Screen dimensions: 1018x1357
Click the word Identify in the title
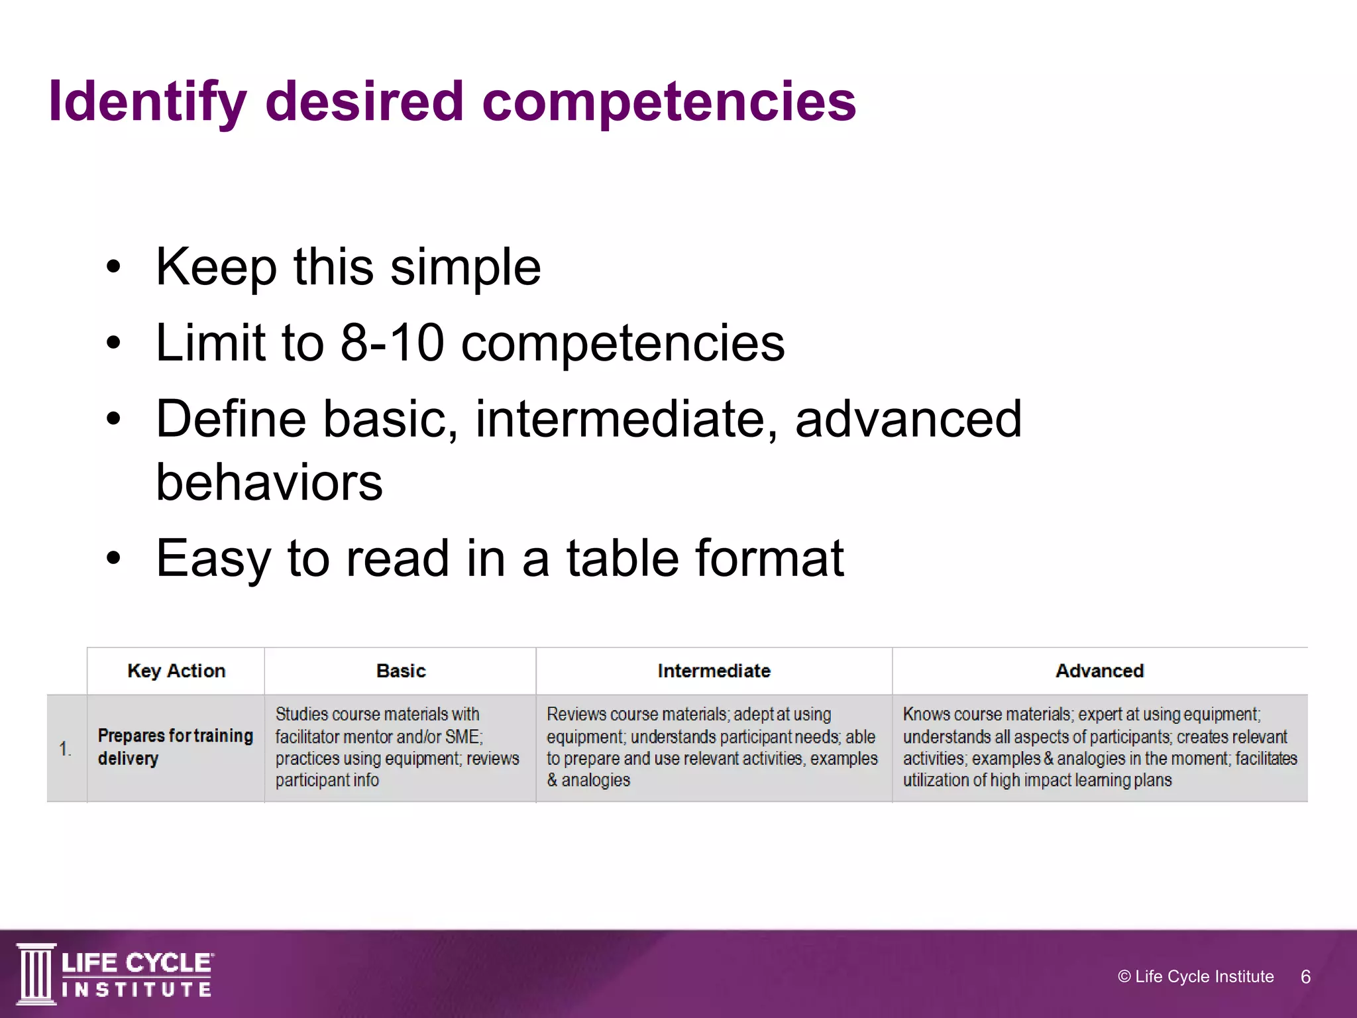pos(147,103)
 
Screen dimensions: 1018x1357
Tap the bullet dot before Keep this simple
pos(114,266)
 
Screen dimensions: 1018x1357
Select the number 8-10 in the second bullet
pos(392,343)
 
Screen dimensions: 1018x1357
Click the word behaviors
pos(269,482)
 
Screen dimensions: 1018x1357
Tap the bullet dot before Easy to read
pos(114,558)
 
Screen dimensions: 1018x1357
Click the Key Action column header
pos(176,671)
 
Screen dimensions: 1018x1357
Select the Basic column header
pos(401,671)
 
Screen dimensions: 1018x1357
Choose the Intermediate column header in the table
pos(714,671)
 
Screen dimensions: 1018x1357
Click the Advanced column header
pos(1099,671)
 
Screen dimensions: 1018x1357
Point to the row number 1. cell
pos(65,749)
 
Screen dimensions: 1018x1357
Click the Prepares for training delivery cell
pos(175,747)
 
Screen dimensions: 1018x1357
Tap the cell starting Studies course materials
pos(398,747)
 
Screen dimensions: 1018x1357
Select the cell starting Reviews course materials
pos(712,747)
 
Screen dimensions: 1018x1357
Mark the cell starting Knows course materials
pos(1099,747)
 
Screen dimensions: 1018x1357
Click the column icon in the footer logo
pos(36,974)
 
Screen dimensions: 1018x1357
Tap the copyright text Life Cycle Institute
pos(1195,976)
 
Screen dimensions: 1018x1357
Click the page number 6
pos(1305,977)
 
